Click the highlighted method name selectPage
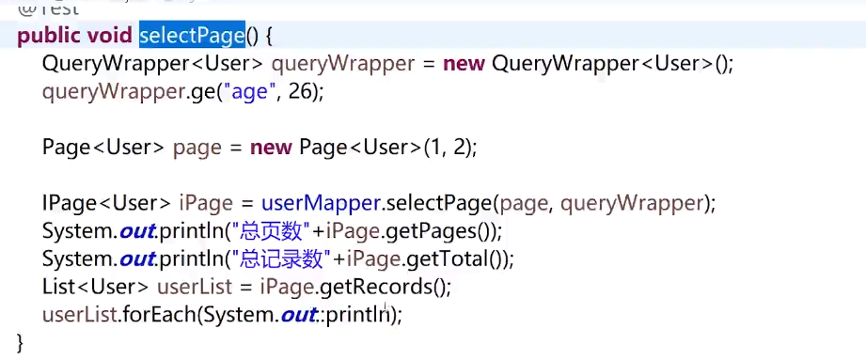click(x=192, y=37)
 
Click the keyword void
click(x=113, y=37)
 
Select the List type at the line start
click(x=59, y=287)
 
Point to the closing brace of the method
click(x=20, y=342)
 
